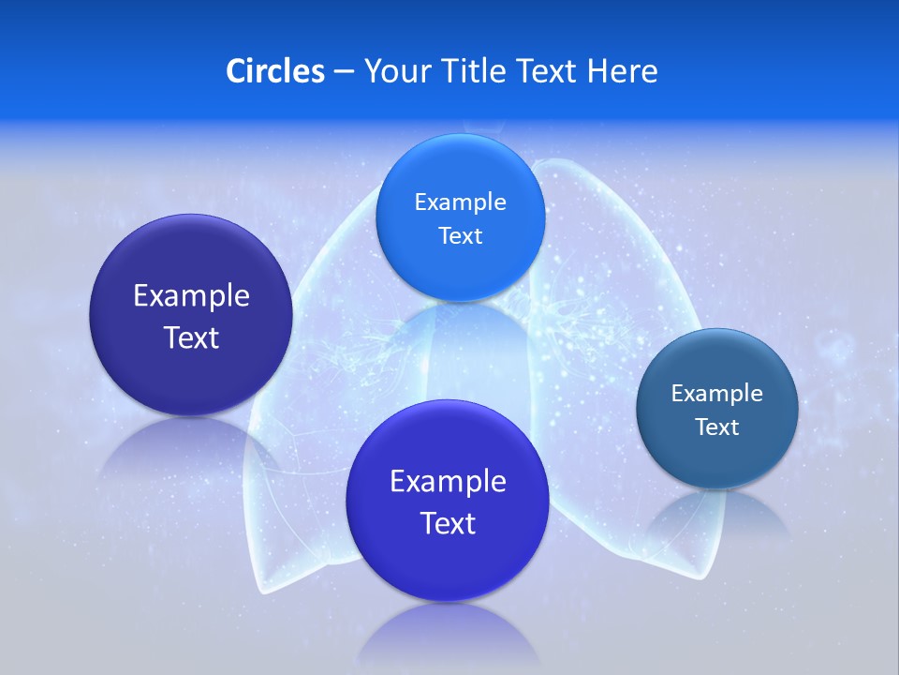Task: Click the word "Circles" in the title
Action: [x=274, y=71]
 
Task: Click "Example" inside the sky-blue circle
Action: [x=460, y=202]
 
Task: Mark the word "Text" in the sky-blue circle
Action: [x=460, y=236]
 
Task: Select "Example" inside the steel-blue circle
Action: [x=716, y=394]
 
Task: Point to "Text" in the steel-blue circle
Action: [x=716, y=427]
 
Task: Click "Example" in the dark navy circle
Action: [x=191, y=296]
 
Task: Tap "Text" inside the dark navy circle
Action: [x=191, y=337]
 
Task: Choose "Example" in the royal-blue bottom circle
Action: [x=448, y=482]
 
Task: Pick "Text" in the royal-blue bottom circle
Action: [x=448, y=523]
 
